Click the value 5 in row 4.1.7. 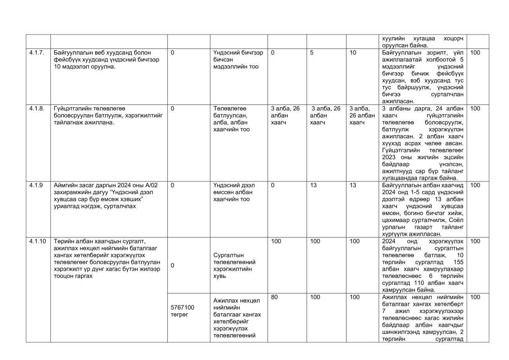312,52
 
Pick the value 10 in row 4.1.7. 353,52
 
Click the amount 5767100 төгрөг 182,311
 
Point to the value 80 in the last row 274,297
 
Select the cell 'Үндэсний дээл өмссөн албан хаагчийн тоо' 234,192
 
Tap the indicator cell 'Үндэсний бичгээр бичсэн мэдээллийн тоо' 238,60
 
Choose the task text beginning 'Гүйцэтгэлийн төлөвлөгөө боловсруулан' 108,116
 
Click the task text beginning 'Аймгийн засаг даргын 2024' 106,196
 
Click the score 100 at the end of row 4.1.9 475,185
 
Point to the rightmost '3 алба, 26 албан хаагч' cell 362,116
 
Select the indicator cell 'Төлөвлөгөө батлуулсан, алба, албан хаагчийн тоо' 231,119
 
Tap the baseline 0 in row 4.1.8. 173,109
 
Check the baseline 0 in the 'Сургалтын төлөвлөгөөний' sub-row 173,266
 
